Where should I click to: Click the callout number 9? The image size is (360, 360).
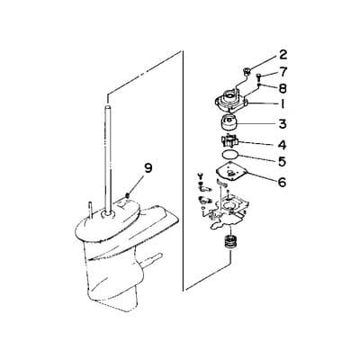coord(148,167)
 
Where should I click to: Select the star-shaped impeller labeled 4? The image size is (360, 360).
coord(229,143)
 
